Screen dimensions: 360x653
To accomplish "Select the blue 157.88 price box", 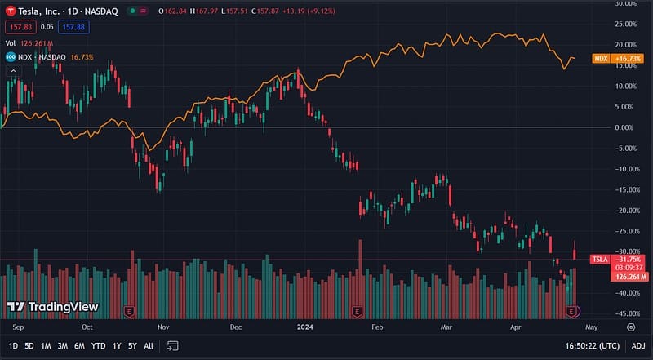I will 74,27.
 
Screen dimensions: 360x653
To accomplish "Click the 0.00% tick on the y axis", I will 626,127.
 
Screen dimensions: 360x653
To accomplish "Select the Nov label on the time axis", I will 163,327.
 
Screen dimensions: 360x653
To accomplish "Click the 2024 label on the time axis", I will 304,327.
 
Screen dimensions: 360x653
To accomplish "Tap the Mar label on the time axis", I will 446,327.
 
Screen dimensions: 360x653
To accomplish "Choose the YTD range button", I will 98,346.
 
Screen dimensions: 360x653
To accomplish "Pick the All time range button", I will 149,346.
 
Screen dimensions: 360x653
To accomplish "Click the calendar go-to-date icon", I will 171,346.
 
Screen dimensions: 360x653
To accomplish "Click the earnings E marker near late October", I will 128,312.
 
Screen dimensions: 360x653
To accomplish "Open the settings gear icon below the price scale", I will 631,327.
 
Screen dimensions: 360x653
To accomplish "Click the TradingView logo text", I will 53,307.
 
